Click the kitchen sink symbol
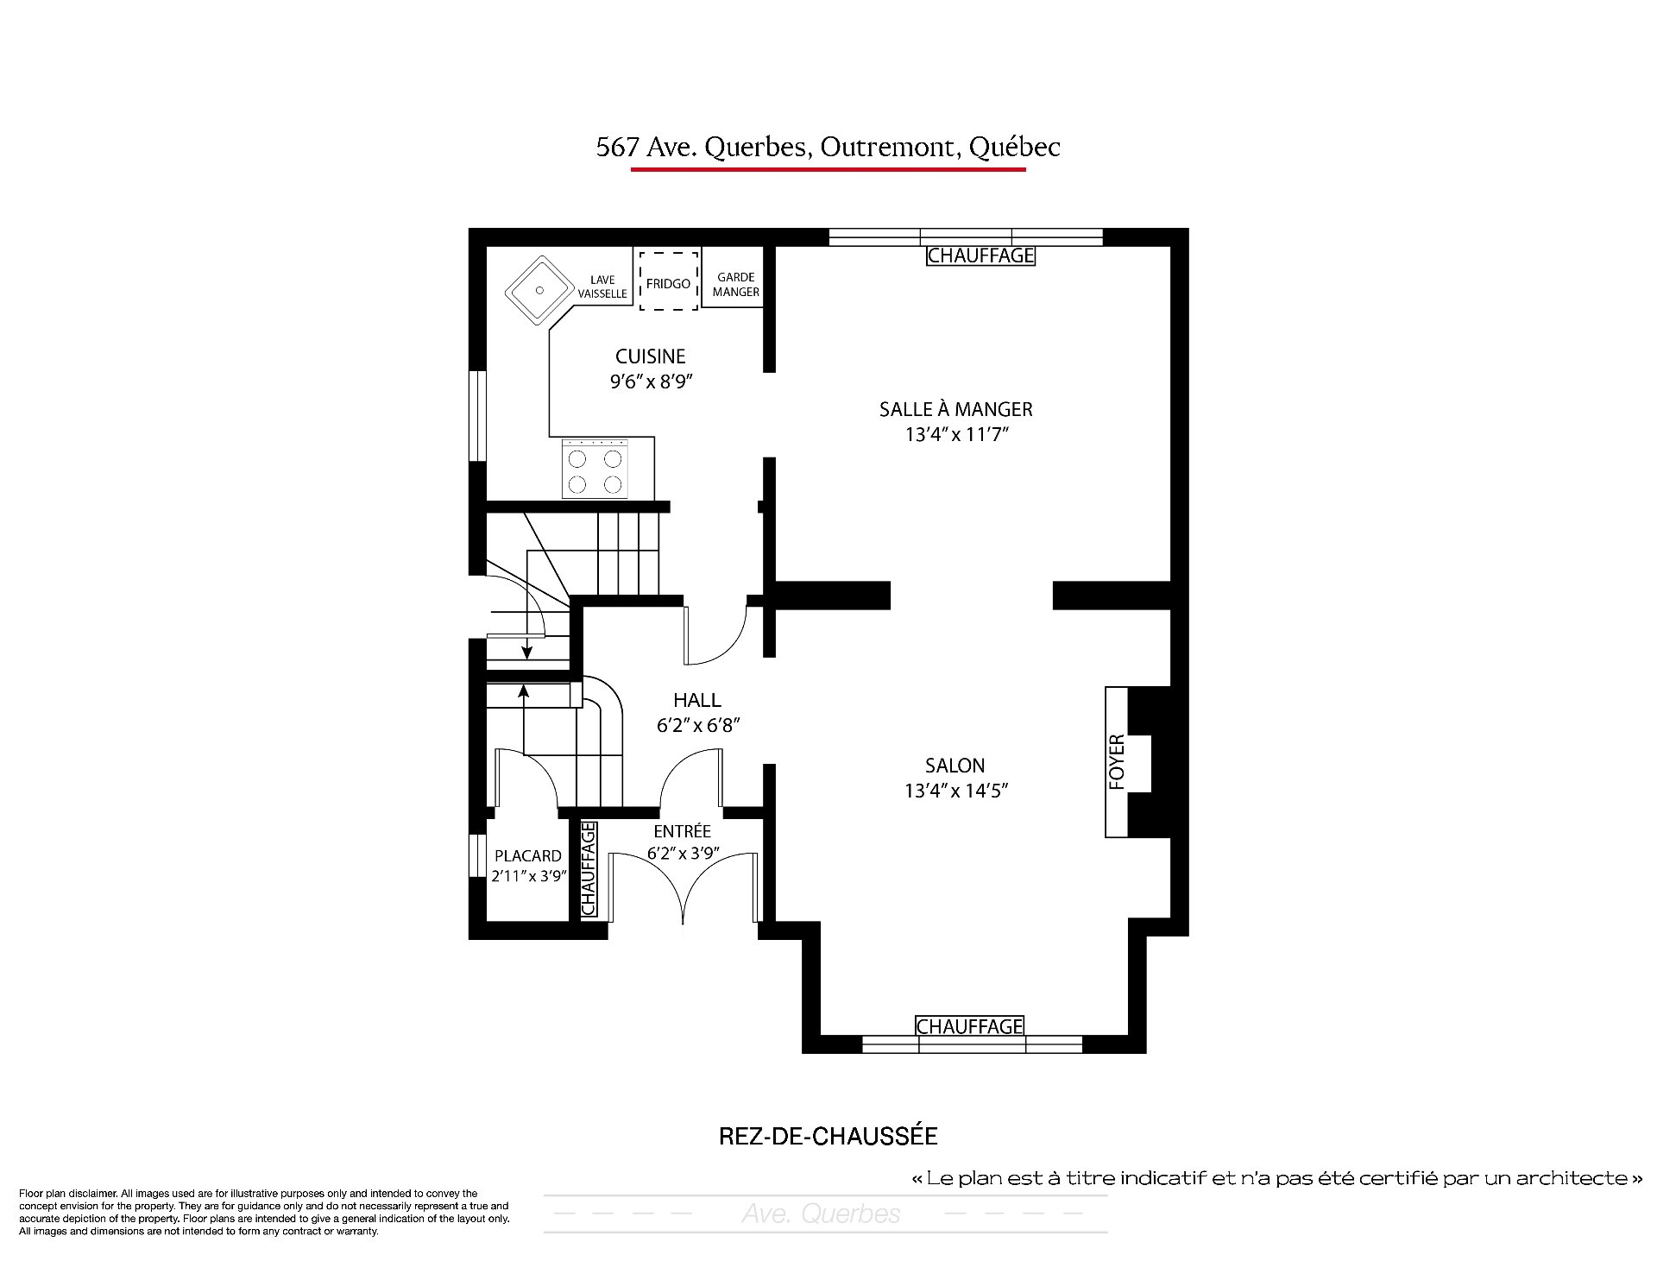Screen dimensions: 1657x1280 tap(540, 291)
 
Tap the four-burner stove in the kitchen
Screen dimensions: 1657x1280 tap(595, 469)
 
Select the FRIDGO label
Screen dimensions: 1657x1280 tap(668, 283)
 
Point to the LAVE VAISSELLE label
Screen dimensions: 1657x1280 tap(602, 287)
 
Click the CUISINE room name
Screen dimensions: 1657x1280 tap(651, 356)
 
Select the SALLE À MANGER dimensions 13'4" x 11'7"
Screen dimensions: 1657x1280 tap(956, 434)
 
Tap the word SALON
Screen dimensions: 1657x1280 tap(955, 766)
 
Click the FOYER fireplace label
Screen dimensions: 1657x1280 tap(1117, 762)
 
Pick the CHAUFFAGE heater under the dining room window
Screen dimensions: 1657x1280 tap(980, 255)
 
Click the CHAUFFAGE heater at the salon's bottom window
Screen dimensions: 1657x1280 tap(969, 1025)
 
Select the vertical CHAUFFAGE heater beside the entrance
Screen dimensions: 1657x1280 tap(589, 869)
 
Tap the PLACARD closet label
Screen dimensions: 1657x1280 tap(528, 856)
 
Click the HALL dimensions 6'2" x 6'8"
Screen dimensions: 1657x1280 tap(697, 726)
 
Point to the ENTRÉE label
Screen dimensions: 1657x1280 tap(683, 831)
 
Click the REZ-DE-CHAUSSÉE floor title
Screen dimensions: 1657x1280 tap(828, 1136)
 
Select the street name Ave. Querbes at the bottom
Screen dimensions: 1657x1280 tap(821, 1214)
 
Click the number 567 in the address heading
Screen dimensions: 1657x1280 tap(617, 148)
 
